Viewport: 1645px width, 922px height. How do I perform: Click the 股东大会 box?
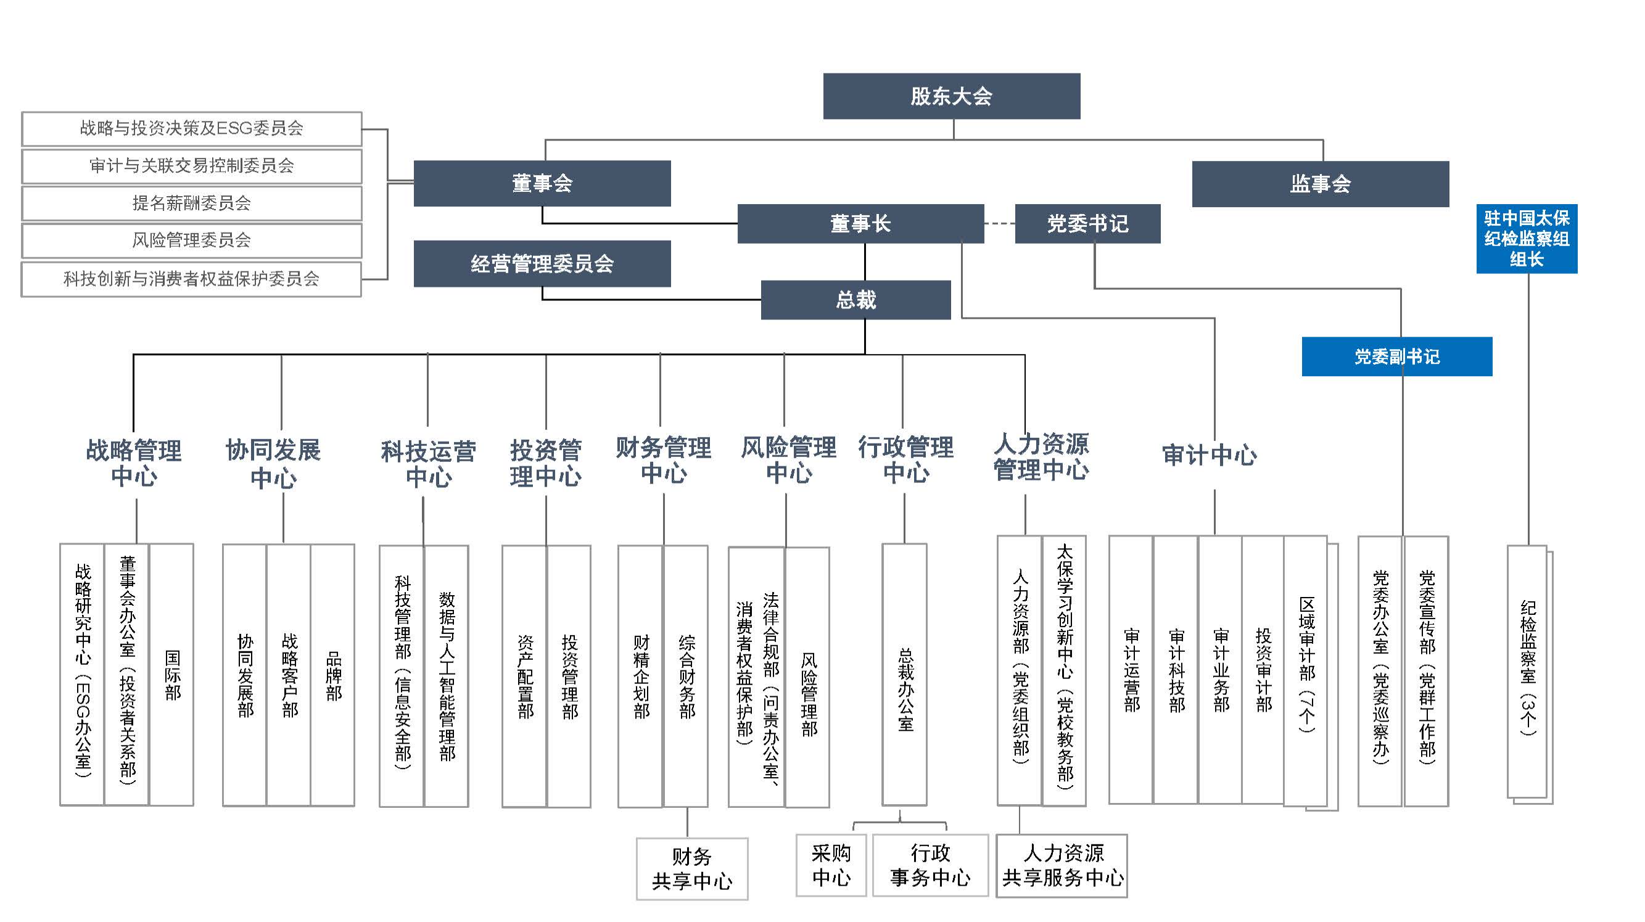952,96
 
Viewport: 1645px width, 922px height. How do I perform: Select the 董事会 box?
542,183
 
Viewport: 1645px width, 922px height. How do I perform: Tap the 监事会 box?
1320,184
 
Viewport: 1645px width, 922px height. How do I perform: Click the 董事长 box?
860,223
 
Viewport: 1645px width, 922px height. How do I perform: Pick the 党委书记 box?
1087,223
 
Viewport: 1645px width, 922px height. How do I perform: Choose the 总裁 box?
855,300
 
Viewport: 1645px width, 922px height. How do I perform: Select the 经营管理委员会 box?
542,264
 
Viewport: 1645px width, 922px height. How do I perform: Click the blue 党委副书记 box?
1396,356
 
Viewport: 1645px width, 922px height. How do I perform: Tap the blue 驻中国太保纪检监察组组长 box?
1526,239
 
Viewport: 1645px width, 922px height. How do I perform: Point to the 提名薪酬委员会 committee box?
192,203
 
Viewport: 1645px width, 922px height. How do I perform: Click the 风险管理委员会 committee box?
192,240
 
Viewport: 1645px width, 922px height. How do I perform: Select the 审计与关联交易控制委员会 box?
192,166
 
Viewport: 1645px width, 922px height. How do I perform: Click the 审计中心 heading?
1209,455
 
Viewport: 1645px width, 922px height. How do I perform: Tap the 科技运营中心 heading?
429,464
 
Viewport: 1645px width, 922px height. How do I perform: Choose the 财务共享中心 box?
691,868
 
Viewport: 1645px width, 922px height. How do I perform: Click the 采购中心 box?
831,865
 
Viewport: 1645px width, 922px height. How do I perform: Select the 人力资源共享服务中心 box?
1062,865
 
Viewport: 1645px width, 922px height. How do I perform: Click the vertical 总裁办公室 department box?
905,675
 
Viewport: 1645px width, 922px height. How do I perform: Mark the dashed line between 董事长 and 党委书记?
999,223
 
